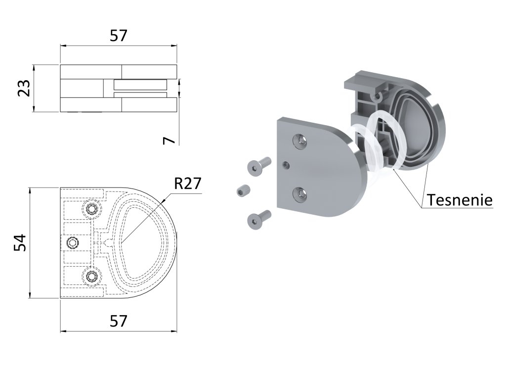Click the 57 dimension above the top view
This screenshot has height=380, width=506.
(119, 36)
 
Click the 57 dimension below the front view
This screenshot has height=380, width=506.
(119, 321)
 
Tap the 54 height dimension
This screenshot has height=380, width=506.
(20, 243)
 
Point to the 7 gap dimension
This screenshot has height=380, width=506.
(169, 140)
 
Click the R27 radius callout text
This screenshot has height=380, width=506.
(188, 184)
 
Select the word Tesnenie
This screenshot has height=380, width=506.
(460, 200)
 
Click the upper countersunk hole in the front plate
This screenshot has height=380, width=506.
(300, 142)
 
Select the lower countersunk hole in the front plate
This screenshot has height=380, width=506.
(300, 194)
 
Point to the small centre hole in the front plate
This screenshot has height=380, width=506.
(286, 164)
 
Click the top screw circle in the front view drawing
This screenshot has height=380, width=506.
(92, 209)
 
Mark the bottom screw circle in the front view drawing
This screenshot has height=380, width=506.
(92, 277)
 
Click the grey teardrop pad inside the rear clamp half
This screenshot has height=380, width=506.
(413, 124)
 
